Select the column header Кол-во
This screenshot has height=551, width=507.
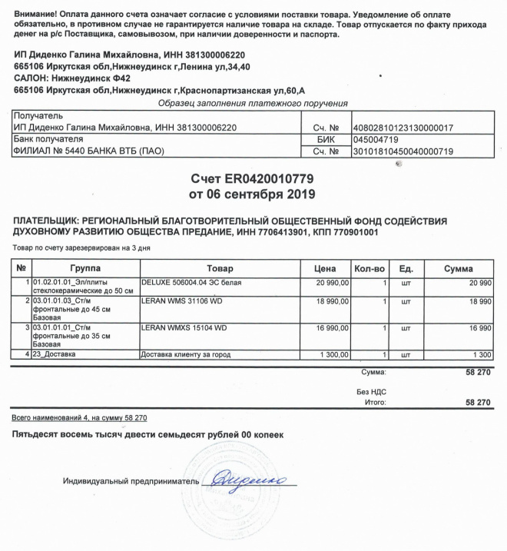(369, 268)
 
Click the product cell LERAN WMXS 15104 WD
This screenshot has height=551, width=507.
(185, 328)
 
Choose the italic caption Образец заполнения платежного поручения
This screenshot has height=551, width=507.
(253, 103)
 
